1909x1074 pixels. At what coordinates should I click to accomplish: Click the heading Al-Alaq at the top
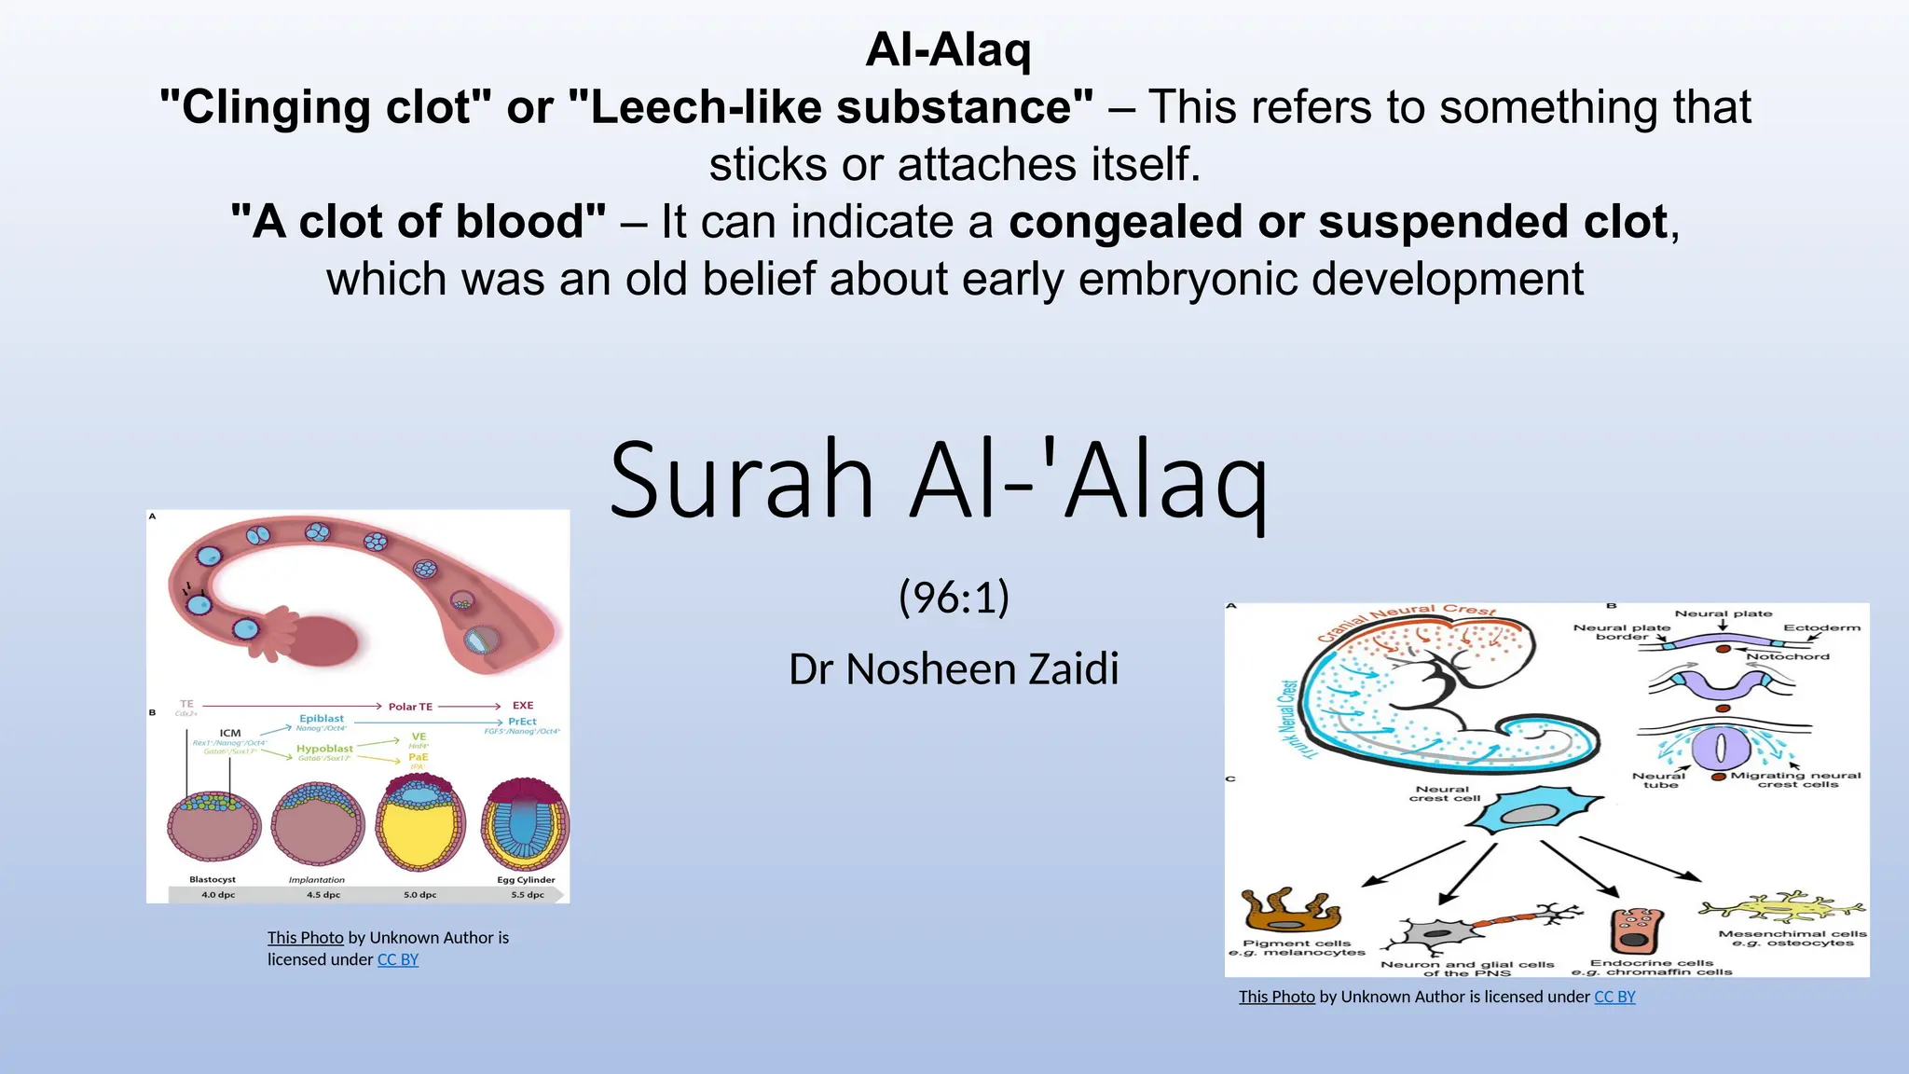point(948,49)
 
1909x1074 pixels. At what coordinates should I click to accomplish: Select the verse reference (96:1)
point(954,598)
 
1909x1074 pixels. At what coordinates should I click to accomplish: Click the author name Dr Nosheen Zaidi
point(954,669)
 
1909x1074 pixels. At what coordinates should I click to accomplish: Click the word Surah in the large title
point(741,480)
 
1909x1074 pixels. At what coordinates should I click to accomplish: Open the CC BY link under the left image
point(397,960)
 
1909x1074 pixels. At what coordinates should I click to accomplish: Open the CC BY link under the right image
point(1614,997)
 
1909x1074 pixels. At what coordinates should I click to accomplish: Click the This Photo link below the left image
point(305,938)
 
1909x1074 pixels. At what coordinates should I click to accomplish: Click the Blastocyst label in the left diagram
point(213,879)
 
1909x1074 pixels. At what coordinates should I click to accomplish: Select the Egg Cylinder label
point(526,879)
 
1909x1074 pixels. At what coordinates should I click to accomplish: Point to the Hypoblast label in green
point(324,749)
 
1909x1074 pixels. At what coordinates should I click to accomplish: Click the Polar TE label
point(410,707)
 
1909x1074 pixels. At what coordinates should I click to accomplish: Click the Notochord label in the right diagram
point(1787,656)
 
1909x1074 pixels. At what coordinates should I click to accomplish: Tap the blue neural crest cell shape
point(1533,809)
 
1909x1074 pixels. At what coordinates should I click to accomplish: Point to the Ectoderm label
point(1821,627)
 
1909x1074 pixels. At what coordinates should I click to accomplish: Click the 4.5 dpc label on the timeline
point(323,895)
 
